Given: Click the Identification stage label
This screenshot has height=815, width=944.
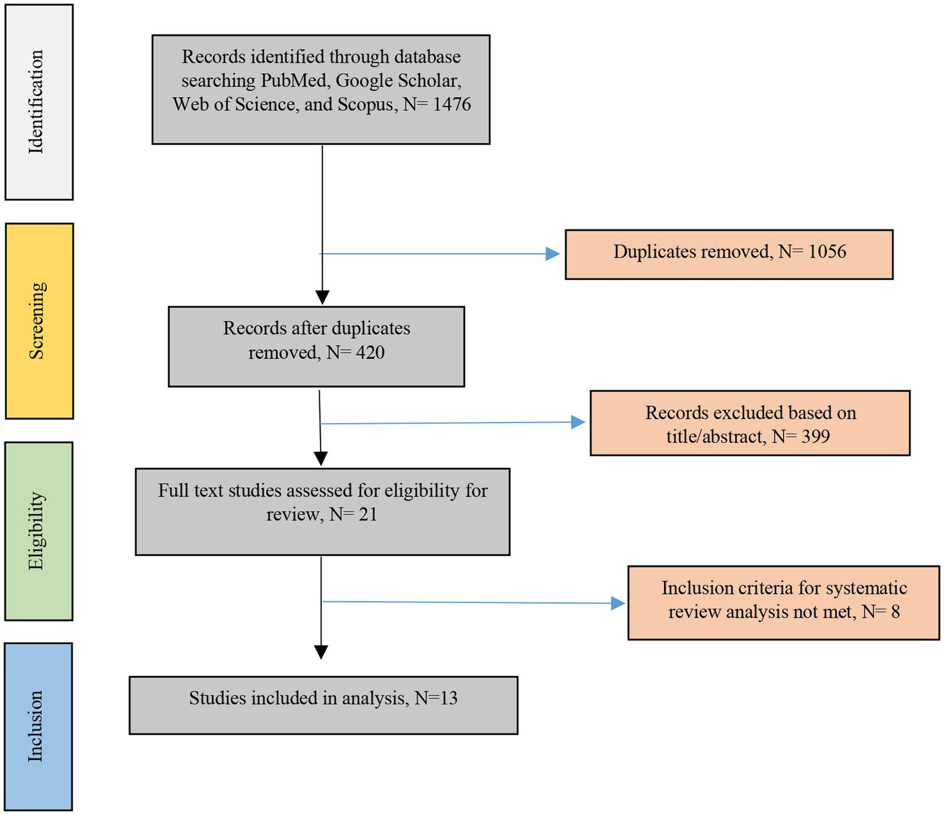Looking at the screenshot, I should point(36,102).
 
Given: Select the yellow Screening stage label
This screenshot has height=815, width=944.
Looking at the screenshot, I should point(38,320).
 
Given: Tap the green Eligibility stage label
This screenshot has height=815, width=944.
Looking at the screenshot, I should point(37,530).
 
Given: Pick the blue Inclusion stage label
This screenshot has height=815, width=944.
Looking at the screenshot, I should point(36,726).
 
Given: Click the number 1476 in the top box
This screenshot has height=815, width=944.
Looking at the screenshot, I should point(451,105).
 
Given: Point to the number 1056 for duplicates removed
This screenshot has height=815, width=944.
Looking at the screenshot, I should point(827,252).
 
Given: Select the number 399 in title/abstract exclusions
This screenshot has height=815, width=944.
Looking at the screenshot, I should point(815,437).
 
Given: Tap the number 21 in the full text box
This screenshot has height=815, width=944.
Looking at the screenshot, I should point(368,514).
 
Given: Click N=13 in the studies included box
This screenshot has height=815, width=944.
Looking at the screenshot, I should point(436,698).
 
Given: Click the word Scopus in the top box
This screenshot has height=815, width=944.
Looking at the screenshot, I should point(367,105).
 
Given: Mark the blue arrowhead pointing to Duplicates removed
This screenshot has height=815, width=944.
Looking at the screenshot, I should point(552,254).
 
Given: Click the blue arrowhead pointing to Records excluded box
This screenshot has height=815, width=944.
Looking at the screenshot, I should point(577,422).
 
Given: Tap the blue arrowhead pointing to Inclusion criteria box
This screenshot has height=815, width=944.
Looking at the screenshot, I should point(617,603).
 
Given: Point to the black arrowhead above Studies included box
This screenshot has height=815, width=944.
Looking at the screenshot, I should point(321,651).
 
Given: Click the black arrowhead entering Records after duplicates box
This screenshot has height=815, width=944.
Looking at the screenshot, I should point(322,297).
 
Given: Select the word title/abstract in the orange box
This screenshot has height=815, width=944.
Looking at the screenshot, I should point(715,437).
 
